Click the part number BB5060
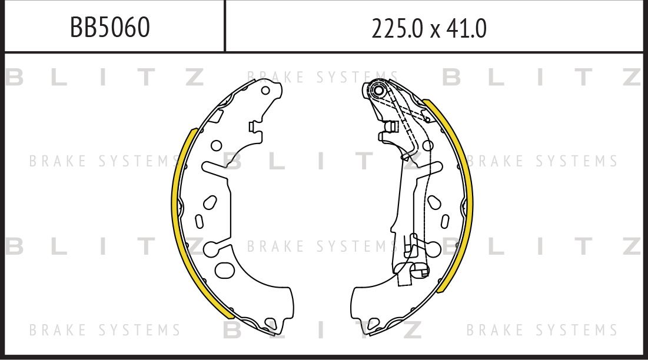pos(109,27)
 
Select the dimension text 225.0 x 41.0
pos(428,28)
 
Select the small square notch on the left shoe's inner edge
pos(252,126)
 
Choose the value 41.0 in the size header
pos(467,28)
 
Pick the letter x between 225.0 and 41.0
pos(435,29)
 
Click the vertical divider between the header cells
pos(225,26)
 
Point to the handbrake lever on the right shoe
pos(412,194)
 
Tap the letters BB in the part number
pos(82,27)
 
